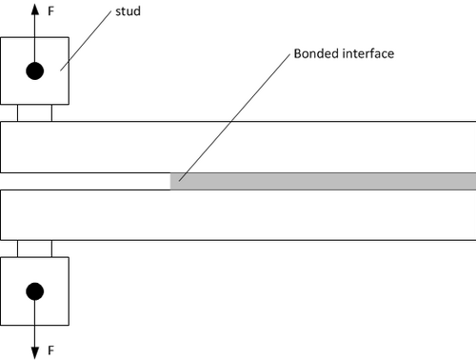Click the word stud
[x=128, y=11]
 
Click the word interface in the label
[x=368, y=53]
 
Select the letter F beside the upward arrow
[x=50, y=11]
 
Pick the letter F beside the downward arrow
[x=50, y=350]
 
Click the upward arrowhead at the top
[x=35, y=9]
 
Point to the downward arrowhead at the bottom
[x=35, y=353]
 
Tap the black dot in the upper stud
[x=35, y=70]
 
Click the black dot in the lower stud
[x=35, y=291]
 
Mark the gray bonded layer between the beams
[x=323, y=181]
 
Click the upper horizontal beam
[x=238, y=147]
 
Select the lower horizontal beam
[x=238, y=215]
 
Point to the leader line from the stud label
[x=86, y=40]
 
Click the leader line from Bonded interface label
[x=234, y=117]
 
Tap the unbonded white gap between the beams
[x=85, y=181]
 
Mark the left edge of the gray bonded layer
[x=170, y=181]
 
